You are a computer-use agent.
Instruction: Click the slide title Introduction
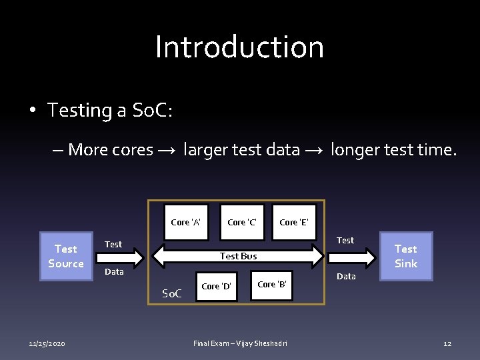pos(239,47)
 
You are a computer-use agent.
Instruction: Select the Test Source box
pos(65,256)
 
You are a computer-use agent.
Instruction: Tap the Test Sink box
pos(405,256)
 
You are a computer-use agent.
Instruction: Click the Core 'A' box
pos(186,222)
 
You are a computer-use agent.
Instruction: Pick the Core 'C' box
pos(241,222)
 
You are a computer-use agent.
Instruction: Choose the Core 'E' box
pos(293,222)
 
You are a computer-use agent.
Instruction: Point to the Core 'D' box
pos(216,286)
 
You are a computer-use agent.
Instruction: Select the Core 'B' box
pos(272,284)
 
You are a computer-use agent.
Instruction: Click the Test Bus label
pos(238,256)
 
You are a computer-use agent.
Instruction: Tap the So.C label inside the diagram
pos(172,293)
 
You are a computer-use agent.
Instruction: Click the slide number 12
pos(447,343)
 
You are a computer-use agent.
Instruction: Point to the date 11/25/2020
pos(47,343)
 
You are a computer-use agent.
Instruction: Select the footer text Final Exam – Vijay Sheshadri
pos(240,343)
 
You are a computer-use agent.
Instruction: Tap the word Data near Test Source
pos(114,272)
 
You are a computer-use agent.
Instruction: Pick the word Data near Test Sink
pos(346,276)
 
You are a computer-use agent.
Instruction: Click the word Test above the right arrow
pos(345,240)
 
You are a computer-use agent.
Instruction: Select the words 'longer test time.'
pos(393,149)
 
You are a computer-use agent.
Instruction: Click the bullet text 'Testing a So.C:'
pos(110,110)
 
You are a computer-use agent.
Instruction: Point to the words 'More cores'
pos(111,149)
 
